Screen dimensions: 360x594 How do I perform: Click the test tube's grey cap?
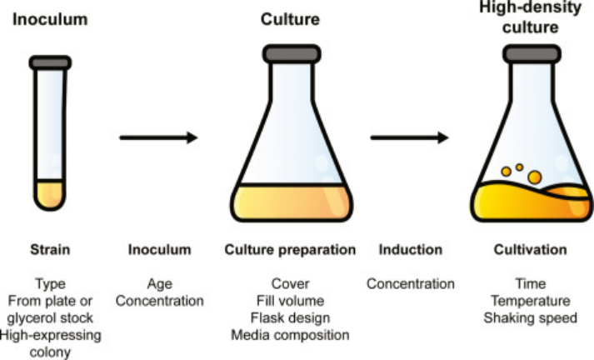[x=47, y=62]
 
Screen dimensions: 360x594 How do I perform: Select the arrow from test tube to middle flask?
[x=158, y=137]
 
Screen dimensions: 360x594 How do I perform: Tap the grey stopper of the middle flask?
[x=292, y=53]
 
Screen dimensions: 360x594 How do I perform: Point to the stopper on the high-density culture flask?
[x=534, y=53]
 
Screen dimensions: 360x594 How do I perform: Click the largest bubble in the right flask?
[x=534, y=177]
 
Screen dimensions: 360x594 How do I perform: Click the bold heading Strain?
[x=50, y=249]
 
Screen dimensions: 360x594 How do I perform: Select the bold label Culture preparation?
[x=291, y=249]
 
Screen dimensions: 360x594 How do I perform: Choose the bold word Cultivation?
[x=530, y=249]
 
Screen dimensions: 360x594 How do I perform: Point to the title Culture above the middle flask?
[x=290, y=18]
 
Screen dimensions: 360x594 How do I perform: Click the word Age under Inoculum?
[x=159, y=282]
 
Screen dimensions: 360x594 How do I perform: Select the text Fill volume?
[x=291, y=300]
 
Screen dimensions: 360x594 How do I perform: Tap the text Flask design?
[x=291, y=317]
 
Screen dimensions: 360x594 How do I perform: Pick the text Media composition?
[x=291, y=335]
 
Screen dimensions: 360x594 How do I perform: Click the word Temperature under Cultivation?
[x=530, y=300]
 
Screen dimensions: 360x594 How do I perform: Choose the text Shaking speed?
[x=530, y=317]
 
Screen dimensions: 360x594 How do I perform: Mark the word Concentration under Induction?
[x=410, y=283]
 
